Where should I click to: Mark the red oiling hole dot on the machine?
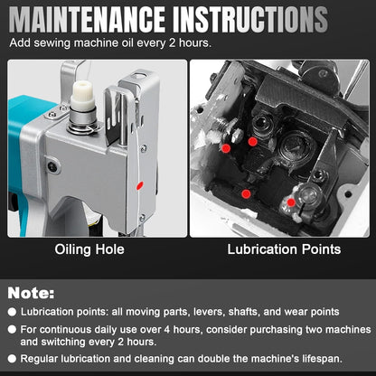(x=138, y=184)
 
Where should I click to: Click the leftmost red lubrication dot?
(x=226, y=147)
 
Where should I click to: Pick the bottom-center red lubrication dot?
(x=246, y=193)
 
